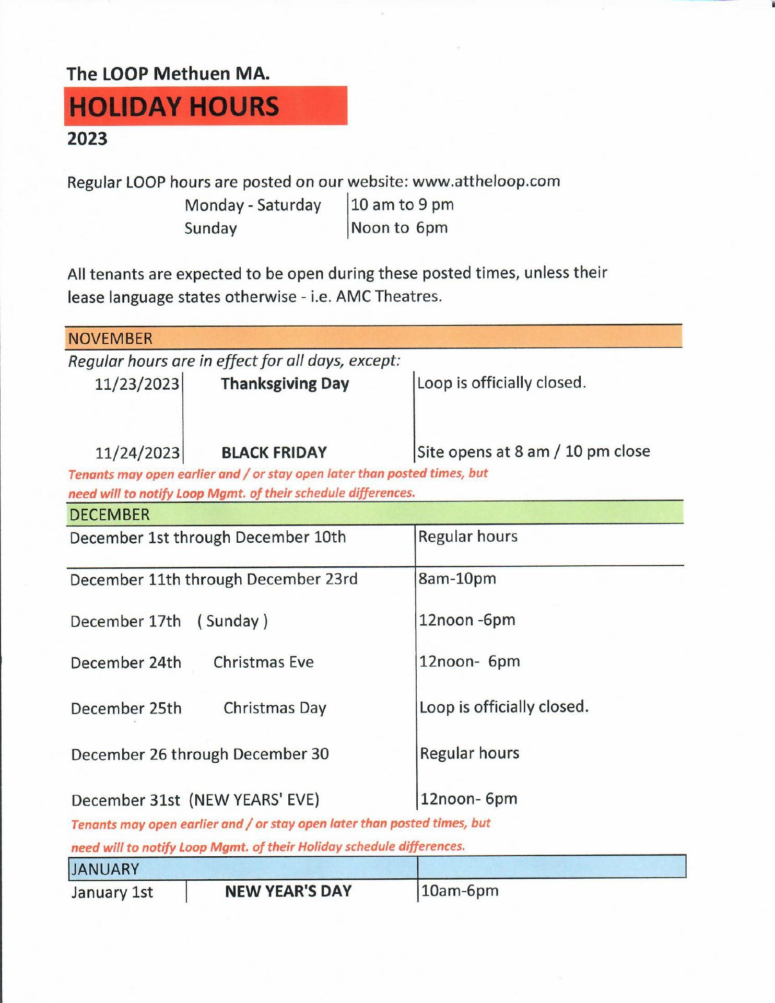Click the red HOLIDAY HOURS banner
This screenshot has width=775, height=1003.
point(206,106)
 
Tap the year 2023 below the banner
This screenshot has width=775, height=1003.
point(87,139)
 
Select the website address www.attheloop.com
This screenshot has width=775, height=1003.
point(486,181)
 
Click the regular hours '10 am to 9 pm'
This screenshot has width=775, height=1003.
point(402,204)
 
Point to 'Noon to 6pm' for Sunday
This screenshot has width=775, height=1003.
point(400,228)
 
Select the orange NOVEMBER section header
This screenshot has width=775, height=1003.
point(373,337)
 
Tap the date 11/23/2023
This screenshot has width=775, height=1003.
point(137,384)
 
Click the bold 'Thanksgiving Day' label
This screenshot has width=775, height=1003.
point(285,384)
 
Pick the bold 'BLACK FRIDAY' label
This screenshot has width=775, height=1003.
point(274,452)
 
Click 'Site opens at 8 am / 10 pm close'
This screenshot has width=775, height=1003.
point(533,451)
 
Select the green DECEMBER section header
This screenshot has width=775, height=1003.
point(374,514)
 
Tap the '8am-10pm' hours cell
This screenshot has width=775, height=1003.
point(457,579)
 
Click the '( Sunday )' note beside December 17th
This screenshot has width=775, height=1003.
point(232,621)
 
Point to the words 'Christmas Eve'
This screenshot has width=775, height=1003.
point(263,662)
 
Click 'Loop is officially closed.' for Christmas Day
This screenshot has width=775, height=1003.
point(504,707)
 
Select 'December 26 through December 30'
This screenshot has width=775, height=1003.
point(200,754)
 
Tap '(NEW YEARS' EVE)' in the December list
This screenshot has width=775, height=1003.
point(254,800)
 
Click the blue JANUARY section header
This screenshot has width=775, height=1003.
point(377,868)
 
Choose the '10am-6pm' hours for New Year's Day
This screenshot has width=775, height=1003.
point(460,891)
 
